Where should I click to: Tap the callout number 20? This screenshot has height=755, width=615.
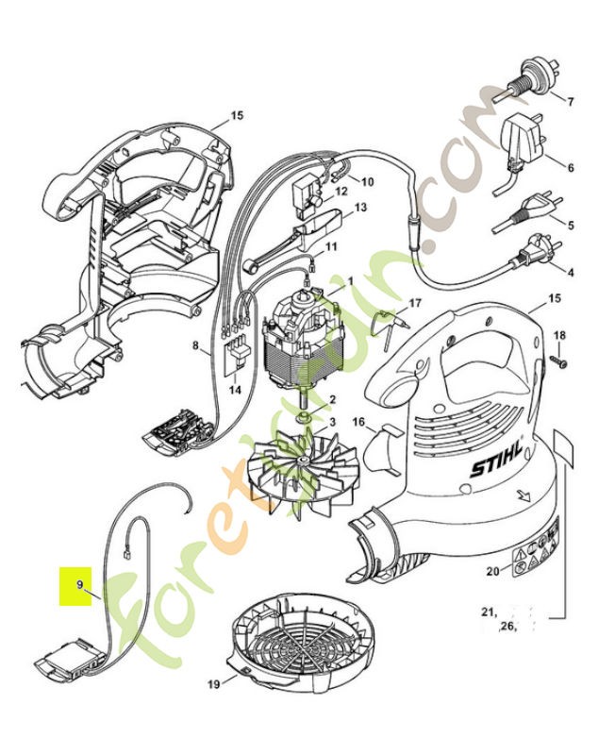click(x=491, y=571)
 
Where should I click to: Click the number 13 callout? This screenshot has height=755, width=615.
click(x=359, y=208)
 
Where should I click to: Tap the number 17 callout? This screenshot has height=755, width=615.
click(x=414, y=304)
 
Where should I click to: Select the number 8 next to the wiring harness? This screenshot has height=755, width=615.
click(x=196, y=347)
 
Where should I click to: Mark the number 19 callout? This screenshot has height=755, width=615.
click(x=213, y=683)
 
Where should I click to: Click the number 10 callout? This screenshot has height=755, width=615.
click(x=367, y=180)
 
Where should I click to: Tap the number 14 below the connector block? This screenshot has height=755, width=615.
click(x=234, y=388)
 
